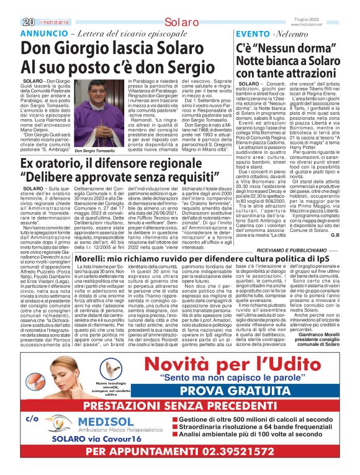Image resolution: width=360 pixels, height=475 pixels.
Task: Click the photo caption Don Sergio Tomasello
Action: point(91,151)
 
